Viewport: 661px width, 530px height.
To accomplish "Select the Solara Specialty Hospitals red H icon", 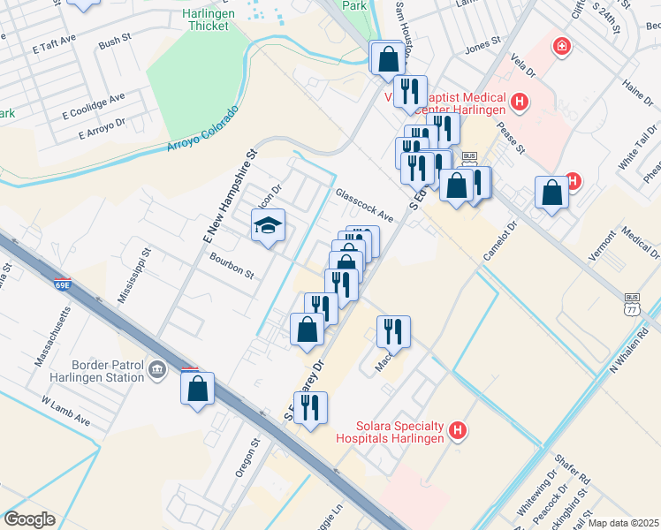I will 458,431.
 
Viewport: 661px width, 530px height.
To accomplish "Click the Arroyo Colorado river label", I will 202,130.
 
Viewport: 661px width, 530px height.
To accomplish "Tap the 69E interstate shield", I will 62,285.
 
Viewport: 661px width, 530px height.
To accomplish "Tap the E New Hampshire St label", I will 229,196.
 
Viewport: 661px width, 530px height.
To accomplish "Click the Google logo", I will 28,519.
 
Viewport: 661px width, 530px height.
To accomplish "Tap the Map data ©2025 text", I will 623,523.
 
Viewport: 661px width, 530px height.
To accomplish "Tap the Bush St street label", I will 115,42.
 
